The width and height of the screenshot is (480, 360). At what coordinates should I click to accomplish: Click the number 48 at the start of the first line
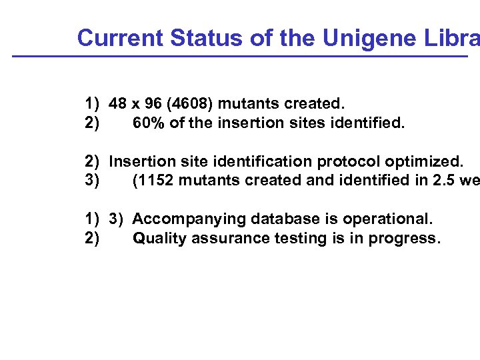pyautogui.click(x=118, y=104)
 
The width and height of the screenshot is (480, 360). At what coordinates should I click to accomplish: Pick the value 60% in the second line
pyautogui.click(x=148, y=123)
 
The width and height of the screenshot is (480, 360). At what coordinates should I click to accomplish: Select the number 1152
pyautogui.click(x=157, y=181)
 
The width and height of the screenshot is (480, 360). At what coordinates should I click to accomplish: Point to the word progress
pyautogui.click(x=407, y=239)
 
